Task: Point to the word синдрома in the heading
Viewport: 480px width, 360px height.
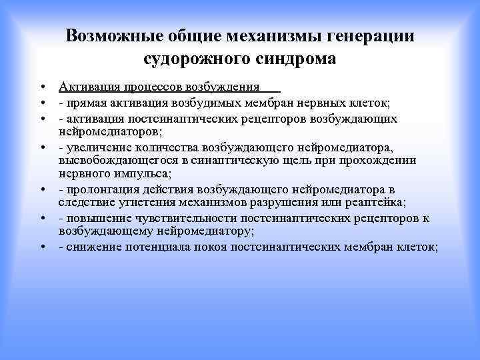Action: (295, 59)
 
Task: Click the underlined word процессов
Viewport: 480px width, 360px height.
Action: (151, 87)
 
